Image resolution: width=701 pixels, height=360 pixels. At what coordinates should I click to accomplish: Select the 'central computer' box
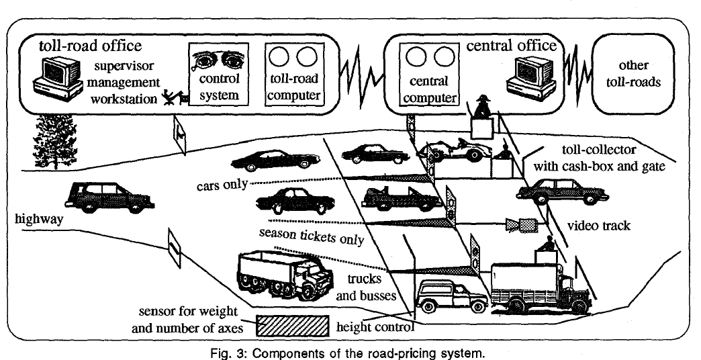(428, 75)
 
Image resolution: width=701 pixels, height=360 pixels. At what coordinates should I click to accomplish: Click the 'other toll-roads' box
(633, 75)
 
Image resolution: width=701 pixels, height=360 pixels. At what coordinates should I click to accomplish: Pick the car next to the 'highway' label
(108, 193)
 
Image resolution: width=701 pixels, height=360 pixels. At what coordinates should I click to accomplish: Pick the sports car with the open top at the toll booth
(455, 148)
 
